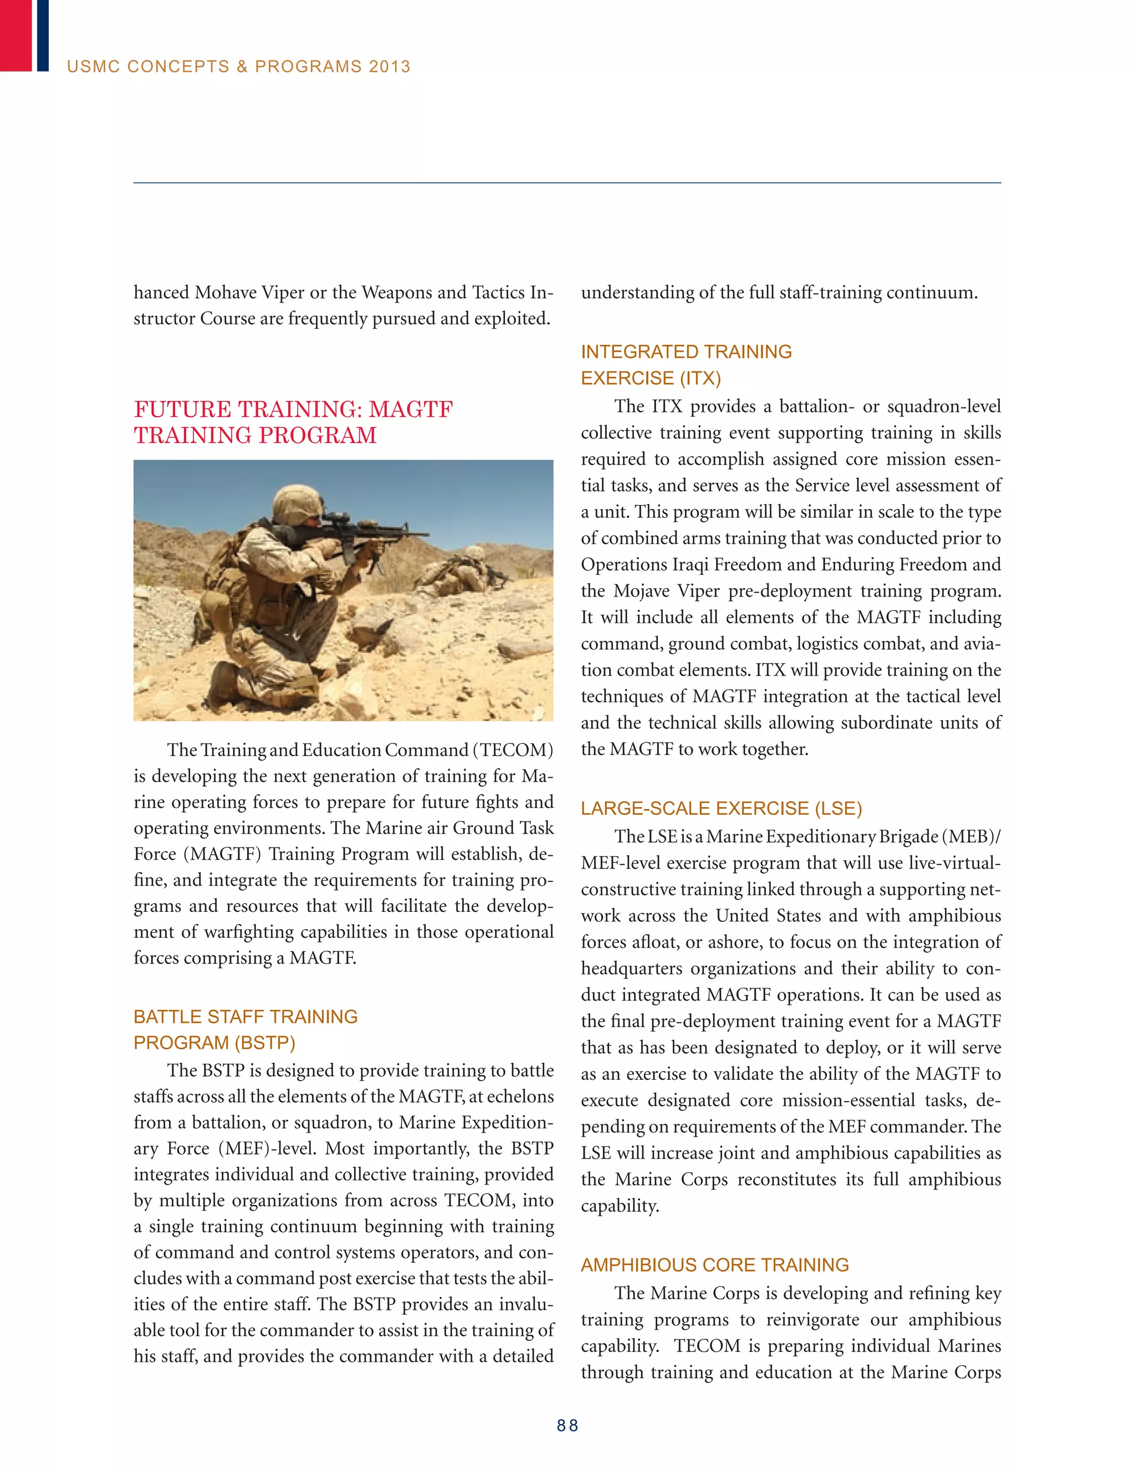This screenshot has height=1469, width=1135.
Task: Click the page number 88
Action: click(x=567, y=1425)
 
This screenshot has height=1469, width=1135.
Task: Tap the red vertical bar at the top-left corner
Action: click(x=15, y=35)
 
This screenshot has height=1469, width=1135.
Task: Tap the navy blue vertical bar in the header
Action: click(x=42, y=35)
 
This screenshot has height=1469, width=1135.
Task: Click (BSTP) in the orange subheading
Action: click(x=264, y=1043)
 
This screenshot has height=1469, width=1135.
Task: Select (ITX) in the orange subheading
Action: click(x=700, y=378)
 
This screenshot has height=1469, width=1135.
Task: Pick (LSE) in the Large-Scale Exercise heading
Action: click(x=838, y=808)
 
